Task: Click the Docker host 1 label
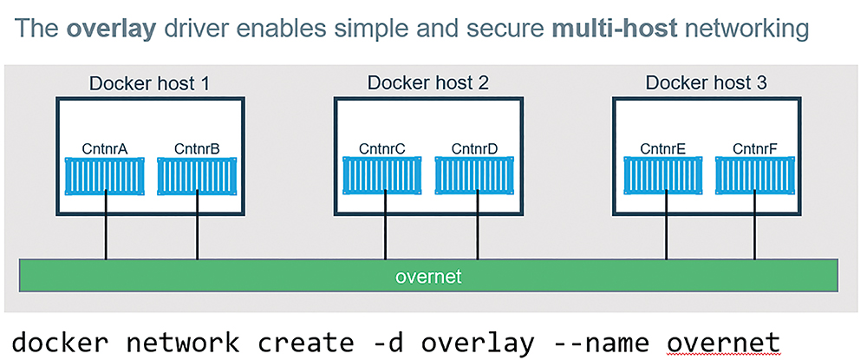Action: pos(150,83)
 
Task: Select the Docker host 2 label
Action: pos(428,83)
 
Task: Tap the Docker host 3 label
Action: pos(706,83)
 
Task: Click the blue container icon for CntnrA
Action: pos(105,176)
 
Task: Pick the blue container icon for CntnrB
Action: pos(198,176)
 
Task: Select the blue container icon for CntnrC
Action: pos(382,176)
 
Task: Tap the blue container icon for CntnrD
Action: pos(475,176)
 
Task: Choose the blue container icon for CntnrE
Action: pos(663,176)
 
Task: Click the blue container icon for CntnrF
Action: pos(755,176)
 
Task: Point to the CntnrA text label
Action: pos(105,148)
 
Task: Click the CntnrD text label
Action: pos(475,148)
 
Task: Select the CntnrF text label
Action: pos(755,148)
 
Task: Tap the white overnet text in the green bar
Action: pos(428,276)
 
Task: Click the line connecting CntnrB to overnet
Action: pos(198,227)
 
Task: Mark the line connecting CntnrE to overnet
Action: pos(666,227)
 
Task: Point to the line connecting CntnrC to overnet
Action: pos(386,227)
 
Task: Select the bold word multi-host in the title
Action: pos(615,29)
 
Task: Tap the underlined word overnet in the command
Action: pos(723,343)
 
